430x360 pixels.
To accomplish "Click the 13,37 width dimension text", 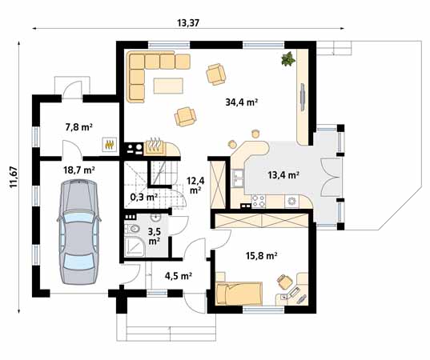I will point(187,23).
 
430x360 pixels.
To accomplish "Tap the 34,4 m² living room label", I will point(240,102).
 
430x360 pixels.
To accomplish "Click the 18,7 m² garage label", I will point(79,170).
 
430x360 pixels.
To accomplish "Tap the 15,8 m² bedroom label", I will point(260,256).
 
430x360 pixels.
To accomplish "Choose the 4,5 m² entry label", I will point(177,276).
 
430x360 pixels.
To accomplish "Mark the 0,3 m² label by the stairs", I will point(143,195).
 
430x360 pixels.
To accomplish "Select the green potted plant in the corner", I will point(286,58).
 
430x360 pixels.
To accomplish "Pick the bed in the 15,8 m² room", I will point(239,294).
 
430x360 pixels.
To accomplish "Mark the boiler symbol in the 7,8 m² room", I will point(109,146).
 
